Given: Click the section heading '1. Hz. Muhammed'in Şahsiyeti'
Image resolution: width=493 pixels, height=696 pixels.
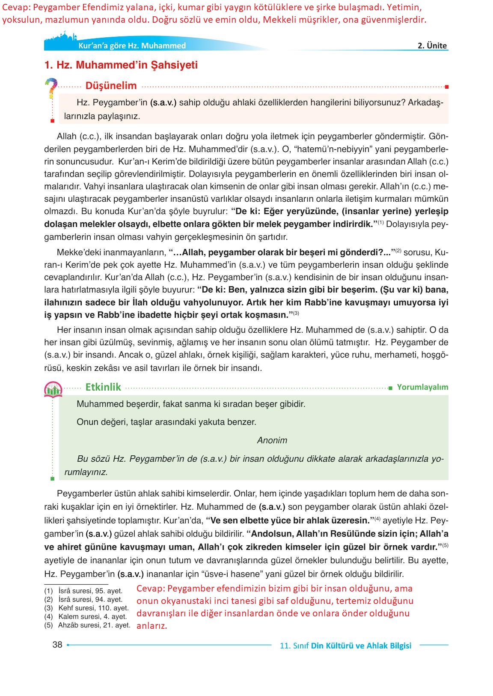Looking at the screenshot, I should [x=121, y=65].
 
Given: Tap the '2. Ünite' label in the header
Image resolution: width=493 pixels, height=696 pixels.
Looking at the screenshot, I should [x=432, y=45].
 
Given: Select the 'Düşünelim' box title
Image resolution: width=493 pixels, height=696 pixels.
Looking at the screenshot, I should [x=111, y=86].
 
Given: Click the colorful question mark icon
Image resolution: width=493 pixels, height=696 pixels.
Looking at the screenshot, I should [x=51, y=88].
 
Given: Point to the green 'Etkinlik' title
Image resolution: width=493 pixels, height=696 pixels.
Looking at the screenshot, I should [x=103, y=387].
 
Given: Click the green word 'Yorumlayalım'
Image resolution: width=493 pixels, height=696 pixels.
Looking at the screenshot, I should [x=422, y=387].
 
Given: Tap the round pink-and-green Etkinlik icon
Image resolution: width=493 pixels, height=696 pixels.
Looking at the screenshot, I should [x=53, y=389].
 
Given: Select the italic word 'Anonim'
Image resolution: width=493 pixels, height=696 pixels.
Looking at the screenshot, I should [x=272, y=440].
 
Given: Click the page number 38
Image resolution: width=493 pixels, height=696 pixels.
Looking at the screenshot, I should [x=57, y=645].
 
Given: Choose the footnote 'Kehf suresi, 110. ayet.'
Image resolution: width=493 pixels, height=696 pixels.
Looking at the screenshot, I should [x=93, y=608].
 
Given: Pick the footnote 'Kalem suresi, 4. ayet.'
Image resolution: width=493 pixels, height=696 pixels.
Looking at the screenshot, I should [x=92, y=616].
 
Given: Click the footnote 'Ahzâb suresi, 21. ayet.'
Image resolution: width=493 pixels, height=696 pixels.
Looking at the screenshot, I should [x=94, y=625].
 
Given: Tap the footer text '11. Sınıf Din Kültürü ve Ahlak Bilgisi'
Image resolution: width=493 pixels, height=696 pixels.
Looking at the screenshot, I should [x=345, y=645].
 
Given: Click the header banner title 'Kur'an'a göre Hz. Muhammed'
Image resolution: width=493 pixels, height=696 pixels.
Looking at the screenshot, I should [x=132, y=45].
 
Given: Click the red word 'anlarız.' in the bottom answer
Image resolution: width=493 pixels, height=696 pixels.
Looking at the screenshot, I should [x=152, y=626].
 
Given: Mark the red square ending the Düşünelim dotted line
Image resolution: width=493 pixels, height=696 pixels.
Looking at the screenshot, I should [x=446, y=87].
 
